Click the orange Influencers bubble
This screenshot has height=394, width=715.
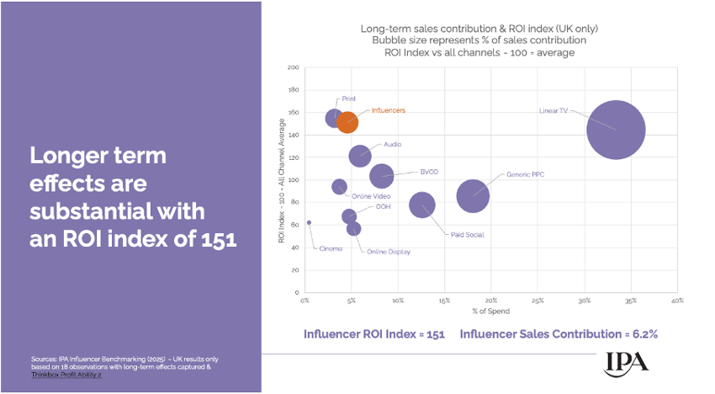pyautogui.click(x=347, y=122)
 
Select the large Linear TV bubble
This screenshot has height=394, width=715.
pyautogui.click(x=616, y=129)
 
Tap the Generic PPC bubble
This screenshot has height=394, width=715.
pyautogui.click(x=474, y=195)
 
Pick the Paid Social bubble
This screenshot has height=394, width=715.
pyautogui.click(x=422, y=205)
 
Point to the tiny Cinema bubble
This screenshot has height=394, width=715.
pyautogui.click(x=309, y=223)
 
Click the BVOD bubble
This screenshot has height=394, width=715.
pyautogui.click(x=382, y=176)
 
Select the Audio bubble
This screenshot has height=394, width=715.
pyautogui.click(x=360, y=156)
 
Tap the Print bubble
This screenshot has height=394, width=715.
pyautogui.click(x=334, y=119)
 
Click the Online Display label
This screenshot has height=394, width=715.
pyautogui.click(x=388, y=252)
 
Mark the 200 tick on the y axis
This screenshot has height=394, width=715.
pyautogui.click(x=294, y=67)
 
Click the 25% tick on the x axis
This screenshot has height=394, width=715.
pyautogui.click(x=538, y=301)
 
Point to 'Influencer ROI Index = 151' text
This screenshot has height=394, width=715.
pyautogui.click(x=373, y=334)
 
